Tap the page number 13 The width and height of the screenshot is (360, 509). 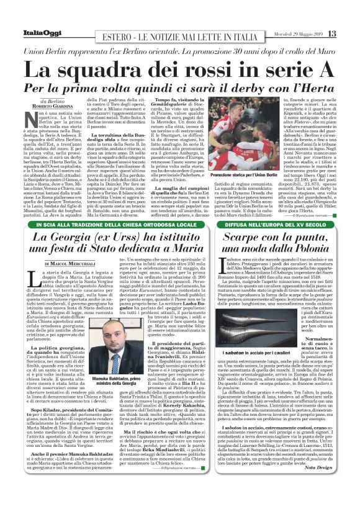pyautogui.click(x=333, y=32)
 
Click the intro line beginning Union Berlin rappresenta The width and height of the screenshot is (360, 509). pyautogui.click(x=180, y=48)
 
